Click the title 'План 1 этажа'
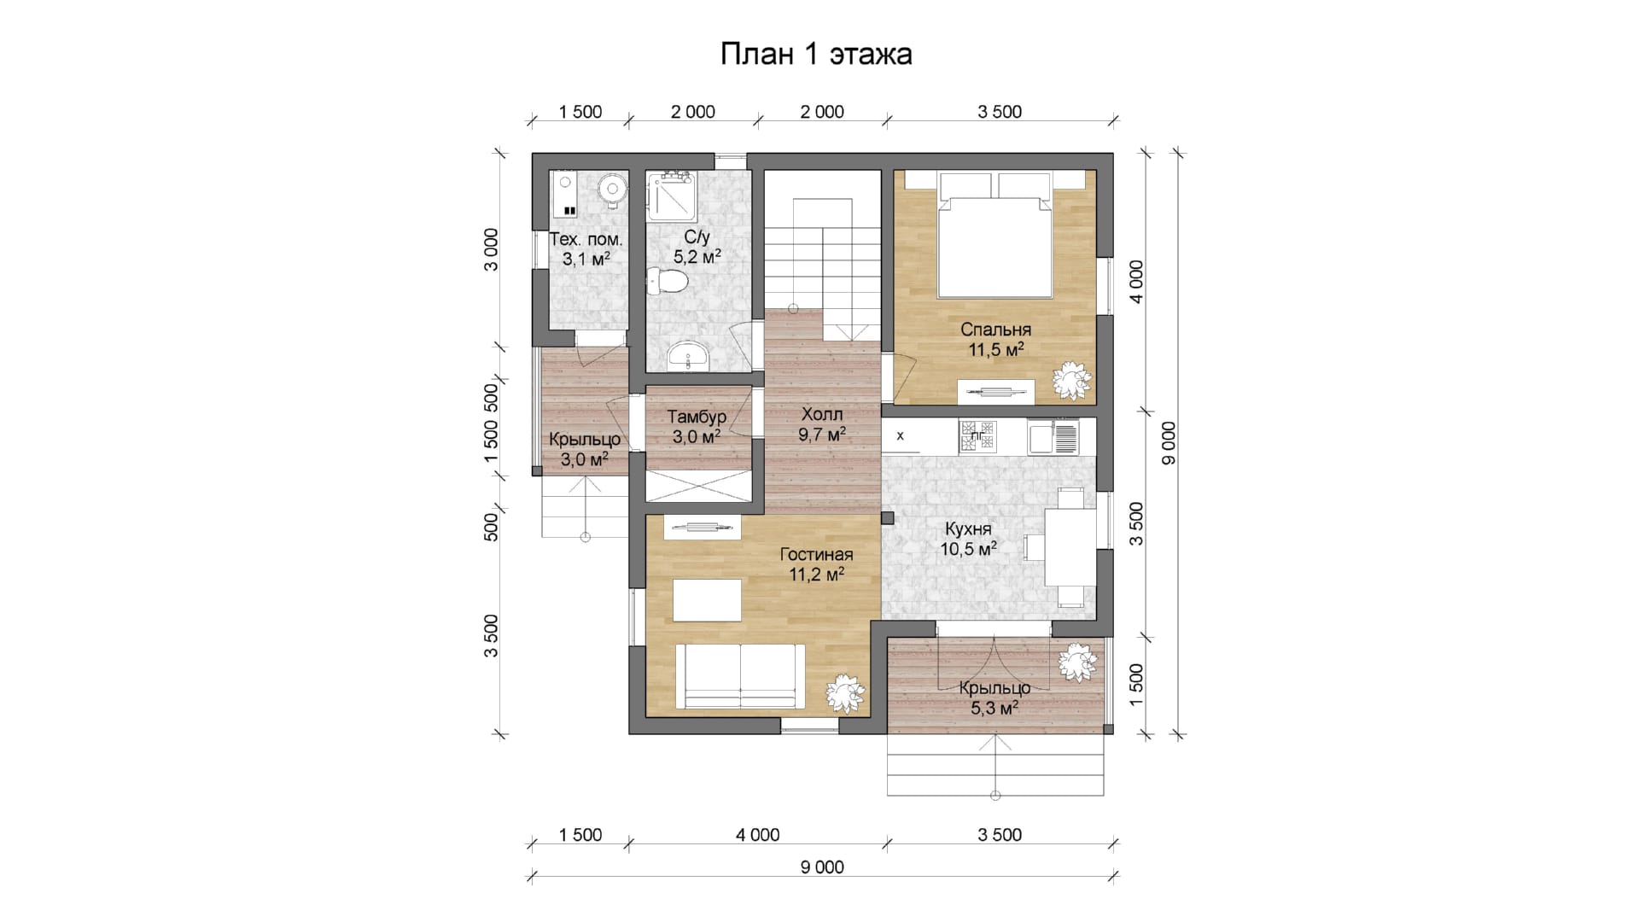[x=816, y=54]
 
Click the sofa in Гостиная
[x=740, y=676]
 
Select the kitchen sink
[x=1053, y=436]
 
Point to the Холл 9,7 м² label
[x=822, y=424]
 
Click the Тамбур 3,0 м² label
[x=697, y=427]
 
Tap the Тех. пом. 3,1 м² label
[x=586, y=248]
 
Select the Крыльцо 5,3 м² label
[x=994, y=697]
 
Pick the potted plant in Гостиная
[x=846, y=692]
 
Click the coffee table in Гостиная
[x=707, y=600]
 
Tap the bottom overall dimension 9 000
[x=822, y=867]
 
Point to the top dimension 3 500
[x=1000, y=112]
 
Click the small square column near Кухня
[x=888, y=517]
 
